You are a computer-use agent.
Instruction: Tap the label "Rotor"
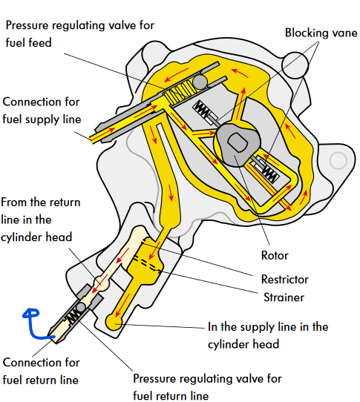pyautogui.click(x=275, y=255)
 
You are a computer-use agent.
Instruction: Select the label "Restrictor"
pyautogui.click(x=284, y=279)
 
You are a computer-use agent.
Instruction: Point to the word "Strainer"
pyautogui.click(x=284, y=297)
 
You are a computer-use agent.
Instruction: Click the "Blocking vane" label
pyautogui.click(x=321, y=33)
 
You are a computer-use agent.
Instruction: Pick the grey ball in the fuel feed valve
pyautogui.click(x=200, y=82)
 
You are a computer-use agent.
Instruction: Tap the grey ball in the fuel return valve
pyautogui.click(x=81, y=307)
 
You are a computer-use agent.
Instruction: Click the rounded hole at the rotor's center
pyautogui.click(x=238, y=142)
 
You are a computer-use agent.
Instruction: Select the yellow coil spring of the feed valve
pyautogui.click(x=180, y=93)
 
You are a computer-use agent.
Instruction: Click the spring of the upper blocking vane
pyautogui.click(x=202, y=109)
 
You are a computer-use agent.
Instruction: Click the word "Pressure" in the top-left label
pyautogui.click(x=27, y=26)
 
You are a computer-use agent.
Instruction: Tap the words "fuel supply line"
pyautogui.click(x=42, y=119)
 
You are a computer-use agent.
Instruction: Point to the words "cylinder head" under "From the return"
pyautogui.click(x=36, y=237)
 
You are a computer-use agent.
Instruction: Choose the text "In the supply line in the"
pyautogui.click(x=268, y=327)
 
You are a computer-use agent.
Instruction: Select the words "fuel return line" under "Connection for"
pyautogui.click(x=40, y=380)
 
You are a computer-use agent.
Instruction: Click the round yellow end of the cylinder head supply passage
pyautogui.click(x=114, y=322)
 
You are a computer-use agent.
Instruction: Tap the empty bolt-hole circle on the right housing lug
pyautogui.click(x=338, y=160)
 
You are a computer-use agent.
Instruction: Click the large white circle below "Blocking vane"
pyautogui.click(x=295, y=65)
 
